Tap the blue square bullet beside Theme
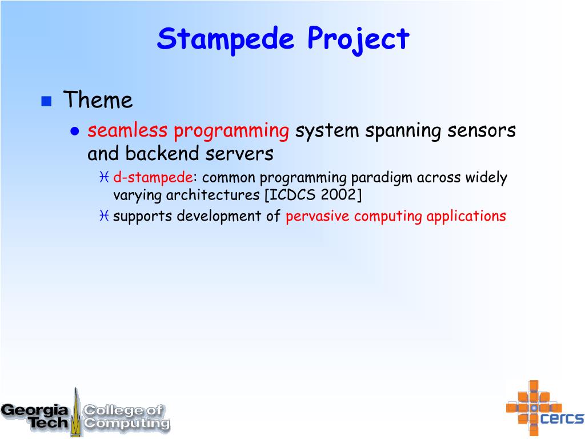click(x=46, y=101)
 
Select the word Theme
click(x=98, y=99)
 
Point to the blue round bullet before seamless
click(x=75, y=131)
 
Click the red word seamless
click(x=127, y=131)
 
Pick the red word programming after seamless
click(x=231, y=132)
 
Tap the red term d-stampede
click(x=153, y=177)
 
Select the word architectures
click(x=213, y=195)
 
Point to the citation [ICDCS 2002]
click(x=313, y=195)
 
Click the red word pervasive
click(x=318, y=217)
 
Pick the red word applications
click(x=466, y=216)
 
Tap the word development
click(x=219, y=217)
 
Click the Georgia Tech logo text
click(x=35, y=416)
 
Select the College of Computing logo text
click(x=126, y=417)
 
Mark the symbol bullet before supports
click(x=104, y=215)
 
